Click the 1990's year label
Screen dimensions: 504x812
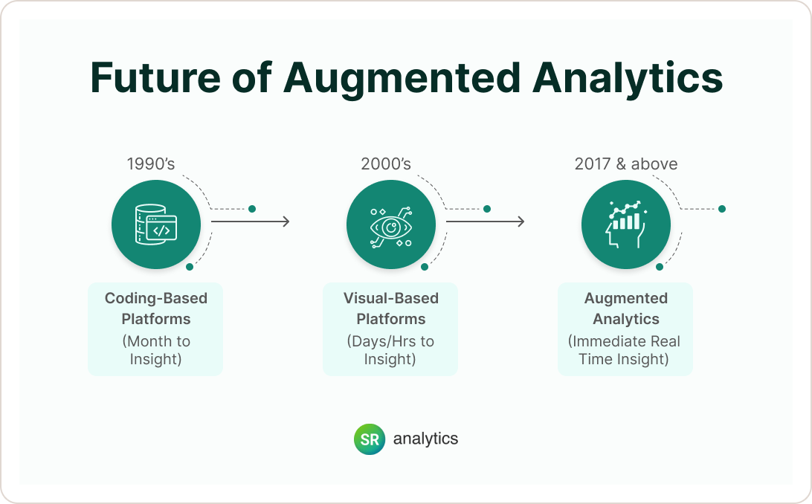tap(150, 164)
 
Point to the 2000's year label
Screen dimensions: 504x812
tap(385, 164)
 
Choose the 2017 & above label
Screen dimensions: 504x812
tap(626, 164)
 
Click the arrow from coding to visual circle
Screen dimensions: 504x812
tap(250, 222)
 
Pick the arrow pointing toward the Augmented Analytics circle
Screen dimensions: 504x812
tap(485, 222)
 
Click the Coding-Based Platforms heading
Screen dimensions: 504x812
tap(156, 308)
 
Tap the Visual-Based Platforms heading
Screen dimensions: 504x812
tap(391, 308)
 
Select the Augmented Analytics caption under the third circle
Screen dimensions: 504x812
tap(626, 308)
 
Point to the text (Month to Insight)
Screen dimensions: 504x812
tap(156, 350)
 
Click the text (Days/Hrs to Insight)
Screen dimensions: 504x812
tap(391, 350)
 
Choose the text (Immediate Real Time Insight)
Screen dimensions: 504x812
tap(625, 350)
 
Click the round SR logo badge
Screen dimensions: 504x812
tap(370, 439)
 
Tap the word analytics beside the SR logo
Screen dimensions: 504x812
tap(425, 439)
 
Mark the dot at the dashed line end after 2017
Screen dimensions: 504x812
tap(721, 209)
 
